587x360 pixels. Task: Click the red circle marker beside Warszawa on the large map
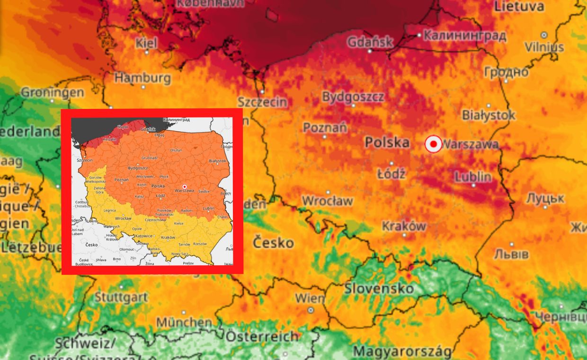coord(433,144)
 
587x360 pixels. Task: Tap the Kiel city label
coord(146,43)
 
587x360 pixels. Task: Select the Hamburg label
coord(142,77)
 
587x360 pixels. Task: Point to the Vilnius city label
coord(544,47)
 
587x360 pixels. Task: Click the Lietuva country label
coord(519,7)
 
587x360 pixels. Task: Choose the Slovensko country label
coord(379,288)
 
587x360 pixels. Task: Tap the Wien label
coord(310,298)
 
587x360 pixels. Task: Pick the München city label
coord(184,322)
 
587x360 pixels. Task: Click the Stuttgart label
coord(121,297)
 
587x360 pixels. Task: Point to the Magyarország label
coord(402,352)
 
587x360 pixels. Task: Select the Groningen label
coord(53,92)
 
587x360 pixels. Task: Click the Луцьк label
coord(545,198)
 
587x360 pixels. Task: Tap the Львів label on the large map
coord(511,254)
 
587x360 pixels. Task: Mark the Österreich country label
coord(262,336)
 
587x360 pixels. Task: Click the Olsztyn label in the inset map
coord(176,150)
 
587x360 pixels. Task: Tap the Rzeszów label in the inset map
coord(199,243)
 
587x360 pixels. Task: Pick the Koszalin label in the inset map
coord(109,140)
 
